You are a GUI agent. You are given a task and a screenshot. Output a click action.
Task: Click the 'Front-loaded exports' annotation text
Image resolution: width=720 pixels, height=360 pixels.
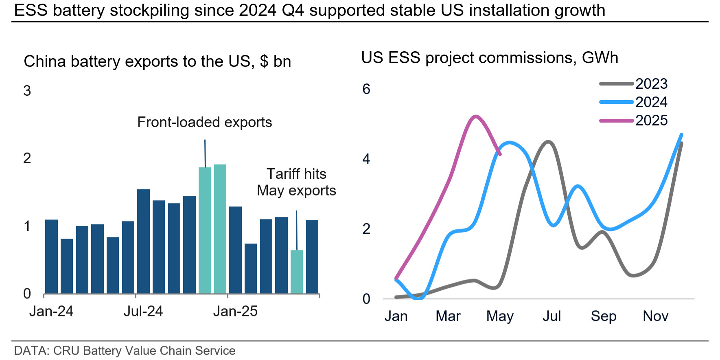[204, 122]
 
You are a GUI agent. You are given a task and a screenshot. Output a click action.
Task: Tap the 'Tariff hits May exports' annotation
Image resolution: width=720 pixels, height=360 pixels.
[296, 182]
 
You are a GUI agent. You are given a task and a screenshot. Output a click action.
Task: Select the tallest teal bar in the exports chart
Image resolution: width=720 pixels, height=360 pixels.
[220, 228]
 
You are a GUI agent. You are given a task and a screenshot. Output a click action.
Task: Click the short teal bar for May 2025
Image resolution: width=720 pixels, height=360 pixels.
[297, 272]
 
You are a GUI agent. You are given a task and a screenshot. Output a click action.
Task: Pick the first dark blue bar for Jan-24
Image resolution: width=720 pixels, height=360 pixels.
[51, 257]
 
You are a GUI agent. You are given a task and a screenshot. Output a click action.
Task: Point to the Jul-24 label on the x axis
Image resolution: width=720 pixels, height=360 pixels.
[143, 312]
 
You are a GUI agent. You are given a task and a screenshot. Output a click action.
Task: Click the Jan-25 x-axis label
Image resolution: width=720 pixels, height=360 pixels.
[235, 312]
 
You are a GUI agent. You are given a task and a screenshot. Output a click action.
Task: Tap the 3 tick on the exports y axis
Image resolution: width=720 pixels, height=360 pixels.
[27, 91]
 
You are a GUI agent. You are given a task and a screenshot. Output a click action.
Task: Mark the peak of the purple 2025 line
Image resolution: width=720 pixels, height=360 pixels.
[475, 116]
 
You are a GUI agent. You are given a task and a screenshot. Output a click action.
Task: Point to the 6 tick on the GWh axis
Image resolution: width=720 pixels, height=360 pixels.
[366, 89]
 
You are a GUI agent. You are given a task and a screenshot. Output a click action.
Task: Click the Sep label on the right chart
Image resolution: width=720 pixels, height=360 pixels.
[604, 316]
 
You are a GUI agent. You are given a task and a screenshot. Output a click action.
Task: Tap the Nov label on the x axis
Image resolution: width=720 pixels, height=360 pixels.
[655, 316]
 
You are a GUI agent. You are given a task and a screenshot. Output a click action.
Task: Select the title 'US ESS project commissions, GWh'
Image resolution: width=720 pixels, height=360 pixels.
[489, 58]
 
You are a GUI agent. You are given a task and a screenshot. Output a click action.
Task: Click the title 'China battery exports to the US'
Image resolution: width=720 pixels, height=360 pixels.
[157, 61]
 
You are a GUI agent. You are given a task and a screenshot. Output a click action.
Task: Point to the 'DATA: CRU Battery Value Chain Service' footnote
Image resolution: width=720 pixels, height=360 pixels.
[125, 351]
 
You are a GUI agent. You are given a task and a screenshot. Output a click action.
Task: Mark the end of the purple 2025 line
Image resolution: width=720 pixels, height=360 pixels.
[500, 154]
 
